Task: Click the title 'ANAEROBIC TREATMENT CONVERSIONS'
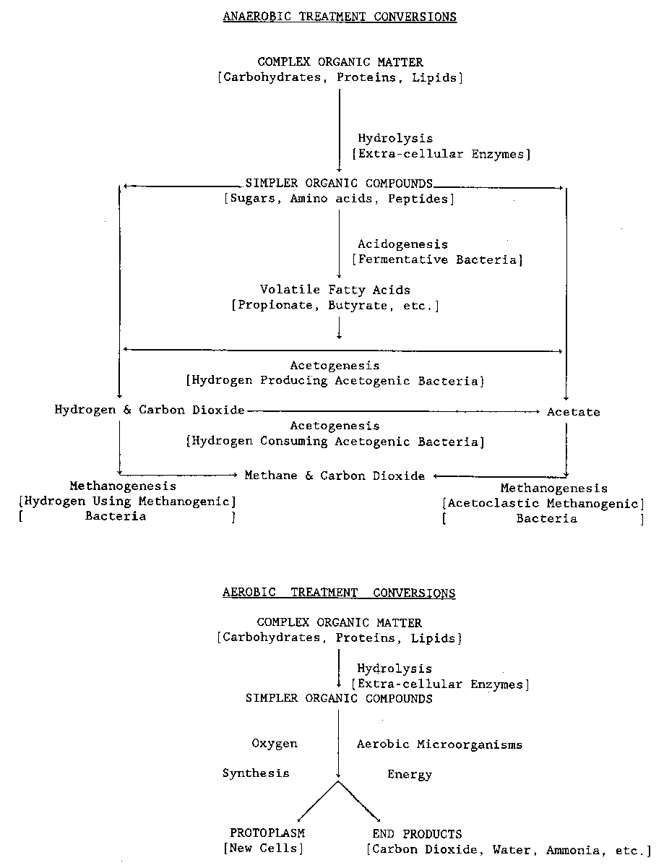click(x=340, y=17)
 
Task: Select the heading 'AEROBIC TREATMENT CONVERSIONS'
click(x=339, y=593)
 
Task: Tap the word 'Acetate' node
click(x=573, y=412)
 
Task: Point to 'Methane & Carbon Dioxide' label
click(x=335, y=476)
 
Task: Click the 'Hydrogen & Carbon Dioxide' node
click(x=150, y=410)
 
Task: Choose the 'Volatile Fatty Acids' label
click(x=335, y=290)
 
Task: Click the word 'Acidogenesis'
click(x=402, y=244)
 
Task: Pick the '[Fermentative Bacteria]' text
click(x=437, y=259)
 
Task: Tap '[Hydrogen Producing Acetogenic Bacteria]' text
click(x=335, y=381)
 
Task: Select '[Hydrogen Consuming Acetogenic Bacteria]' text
click(x=335, y=442)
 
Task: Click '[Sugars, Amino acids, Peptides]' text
click(x=339, y=199)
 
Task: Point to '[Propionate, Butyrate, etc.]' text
click(x=335, y=305)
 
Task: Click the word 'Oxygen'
click(x=275, y=744)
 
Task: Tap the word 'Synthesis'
click(x=256, y=773)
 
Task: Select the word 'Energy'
click(x=410, y=775)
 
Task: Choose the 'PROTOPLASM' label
click(x=267, y=833)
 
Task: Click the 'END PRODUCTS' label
click(x=417, y=834)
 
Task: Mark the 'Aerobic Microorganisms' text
click(x=439, y=744)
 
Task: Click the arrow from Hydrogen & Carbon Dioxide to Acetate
click(x=394, y=411)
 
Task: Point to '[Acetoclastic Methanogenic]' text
click(x=543, y=504)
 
